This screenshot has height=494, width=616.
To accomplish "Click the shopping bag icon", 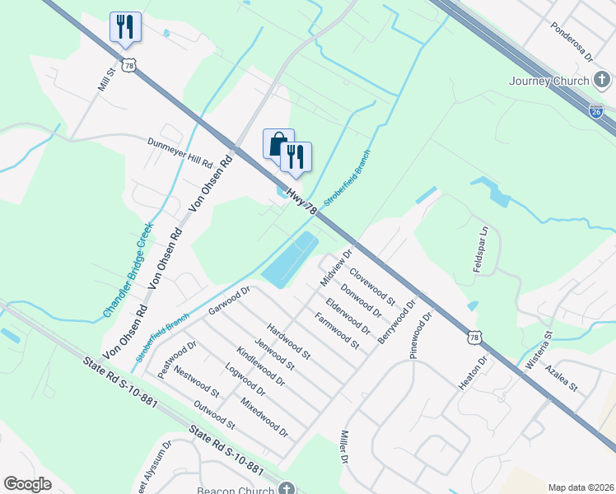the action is point(278,142).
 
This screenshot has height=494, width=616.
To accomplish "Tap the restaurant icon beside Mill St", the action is point(125,26).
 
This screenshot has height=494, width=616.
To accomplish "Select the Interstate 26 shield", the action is point(596,112).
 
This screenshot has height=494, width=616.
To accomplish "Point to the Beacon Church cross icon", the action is point(286,488).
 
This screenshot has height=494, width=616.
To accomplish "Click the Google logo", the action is point(28,484).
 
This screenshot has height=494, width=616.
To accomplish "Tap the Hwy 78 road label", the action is point(301,202).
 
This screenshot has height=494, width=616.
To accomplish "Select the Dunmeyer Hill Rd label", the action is point(180,151).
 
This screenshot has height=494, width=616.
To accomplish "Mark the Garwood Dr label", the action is point(228,300).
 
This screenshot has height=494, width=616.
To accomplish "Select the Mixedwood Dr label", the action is point(264,417).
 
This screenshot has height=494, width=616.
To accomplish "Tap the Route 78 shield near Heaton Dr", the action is point(473,337).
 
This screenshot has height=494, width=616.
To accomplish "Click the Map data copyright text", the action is point(581,487).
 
